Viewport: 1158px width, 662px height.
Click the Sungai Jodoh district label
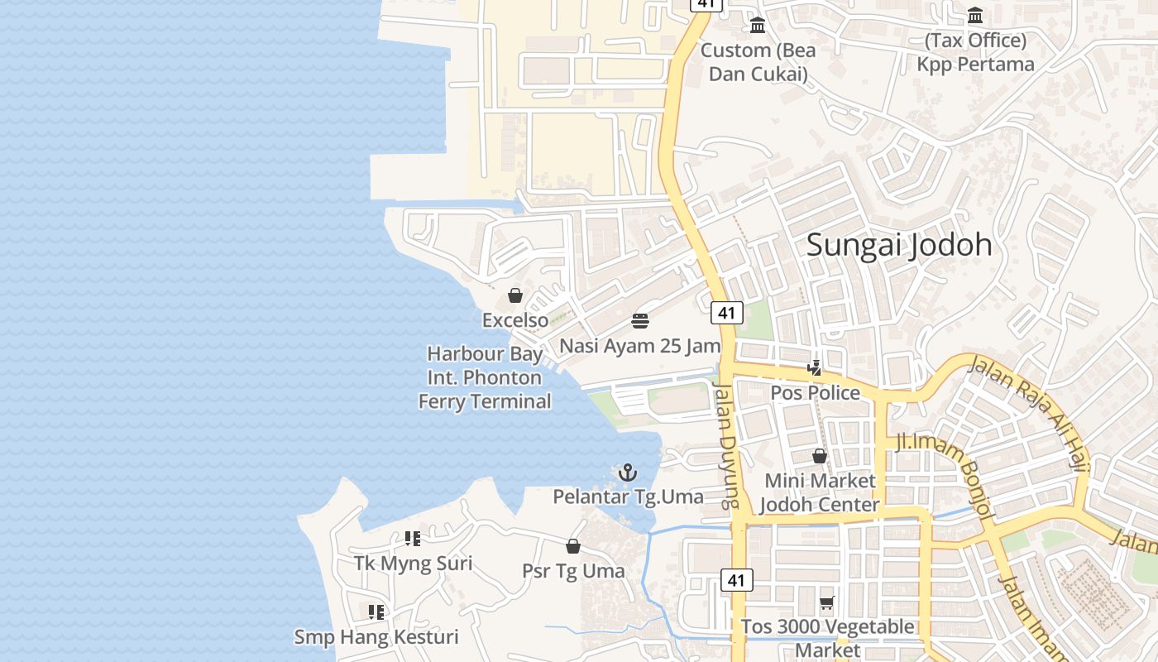pos(898,245)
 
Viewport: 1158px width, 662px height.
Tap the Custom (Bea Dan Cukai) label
pos(758,62)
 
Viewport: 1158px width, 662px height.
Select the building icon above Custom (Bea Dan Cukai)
pos(758,26)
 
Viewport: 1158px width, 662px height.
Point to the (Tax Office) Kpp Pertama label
pos(975,52)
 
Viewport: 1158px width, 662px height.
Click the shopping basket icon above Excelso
pos(515,295)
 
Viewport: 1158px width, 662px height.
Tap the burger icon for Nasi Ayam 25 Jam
pos(640,320)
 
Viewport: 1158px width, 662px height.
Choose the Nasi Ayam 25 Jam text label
pos(640,345)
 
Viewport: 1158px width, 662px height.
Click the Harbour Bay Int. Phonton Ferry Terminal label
pos(485,377)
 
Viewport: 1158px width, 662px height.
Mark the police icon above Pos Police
pos(815,367)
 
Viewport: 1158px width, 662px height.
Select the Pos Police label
pos(815,392)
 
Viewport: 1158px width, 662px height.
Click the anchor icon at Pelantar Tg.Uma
pos(628,473)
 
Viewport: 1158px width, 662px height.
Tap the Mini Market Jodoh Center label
pos(820,492)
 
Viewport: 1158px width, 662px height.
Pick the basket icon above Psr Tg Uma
pos(572,546)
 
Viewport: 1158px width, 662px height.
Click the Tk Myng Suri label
pos(413,564)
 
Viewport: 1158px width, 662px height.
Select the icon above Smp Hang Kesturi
pos(376,612)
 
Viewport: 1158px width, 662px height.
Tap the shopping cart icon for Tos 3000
pos(826,603)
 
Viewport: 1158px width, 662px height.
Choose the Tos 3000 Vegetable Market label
pos(827,638)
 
